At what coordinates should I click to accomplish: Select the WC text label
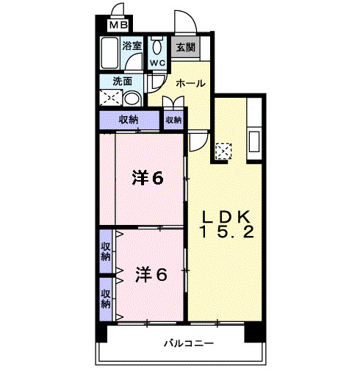(157, 63)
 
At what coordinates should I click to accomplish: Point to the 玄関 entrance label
(185, 48)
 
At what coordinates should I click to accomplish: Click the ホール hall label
(190, 83)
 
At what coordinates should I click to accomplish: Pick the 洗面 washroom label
(122, 82)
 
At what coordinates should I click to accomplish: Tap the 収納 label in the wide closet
(128, 120)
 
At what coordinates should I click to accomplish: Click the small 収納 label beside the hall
(173, 120)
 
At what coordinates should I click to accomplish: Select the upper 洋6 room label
(148, 177)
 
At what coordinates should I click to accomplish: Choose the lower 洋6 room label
(151, 275)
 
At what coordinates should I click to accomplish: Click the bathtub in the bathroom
(112, 56)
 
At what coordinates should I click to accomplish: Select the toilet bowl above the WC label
(157, 46)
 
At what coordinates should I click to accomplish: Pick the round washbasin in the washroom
(132, 99)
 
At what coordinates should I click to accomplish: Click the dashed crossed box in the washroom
(111, 98)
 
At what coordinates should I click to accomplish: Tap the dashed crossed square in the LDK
(224, 151)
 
